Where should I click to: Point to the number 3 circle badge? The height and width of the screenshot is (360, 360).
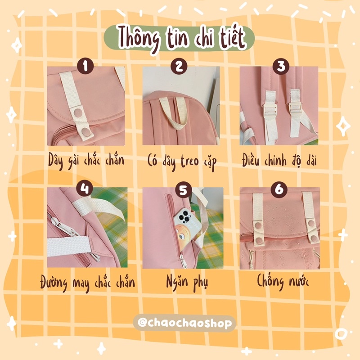281,67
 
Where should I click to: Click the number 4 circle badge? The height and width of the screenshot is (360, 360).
85,188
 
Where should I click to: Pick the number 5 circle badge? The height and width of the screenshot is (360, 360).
182,190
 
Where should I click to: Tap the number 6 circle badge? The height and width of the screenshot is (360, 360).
279,189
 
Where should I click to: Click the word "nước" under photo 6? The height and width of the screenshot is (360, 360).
296,283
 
